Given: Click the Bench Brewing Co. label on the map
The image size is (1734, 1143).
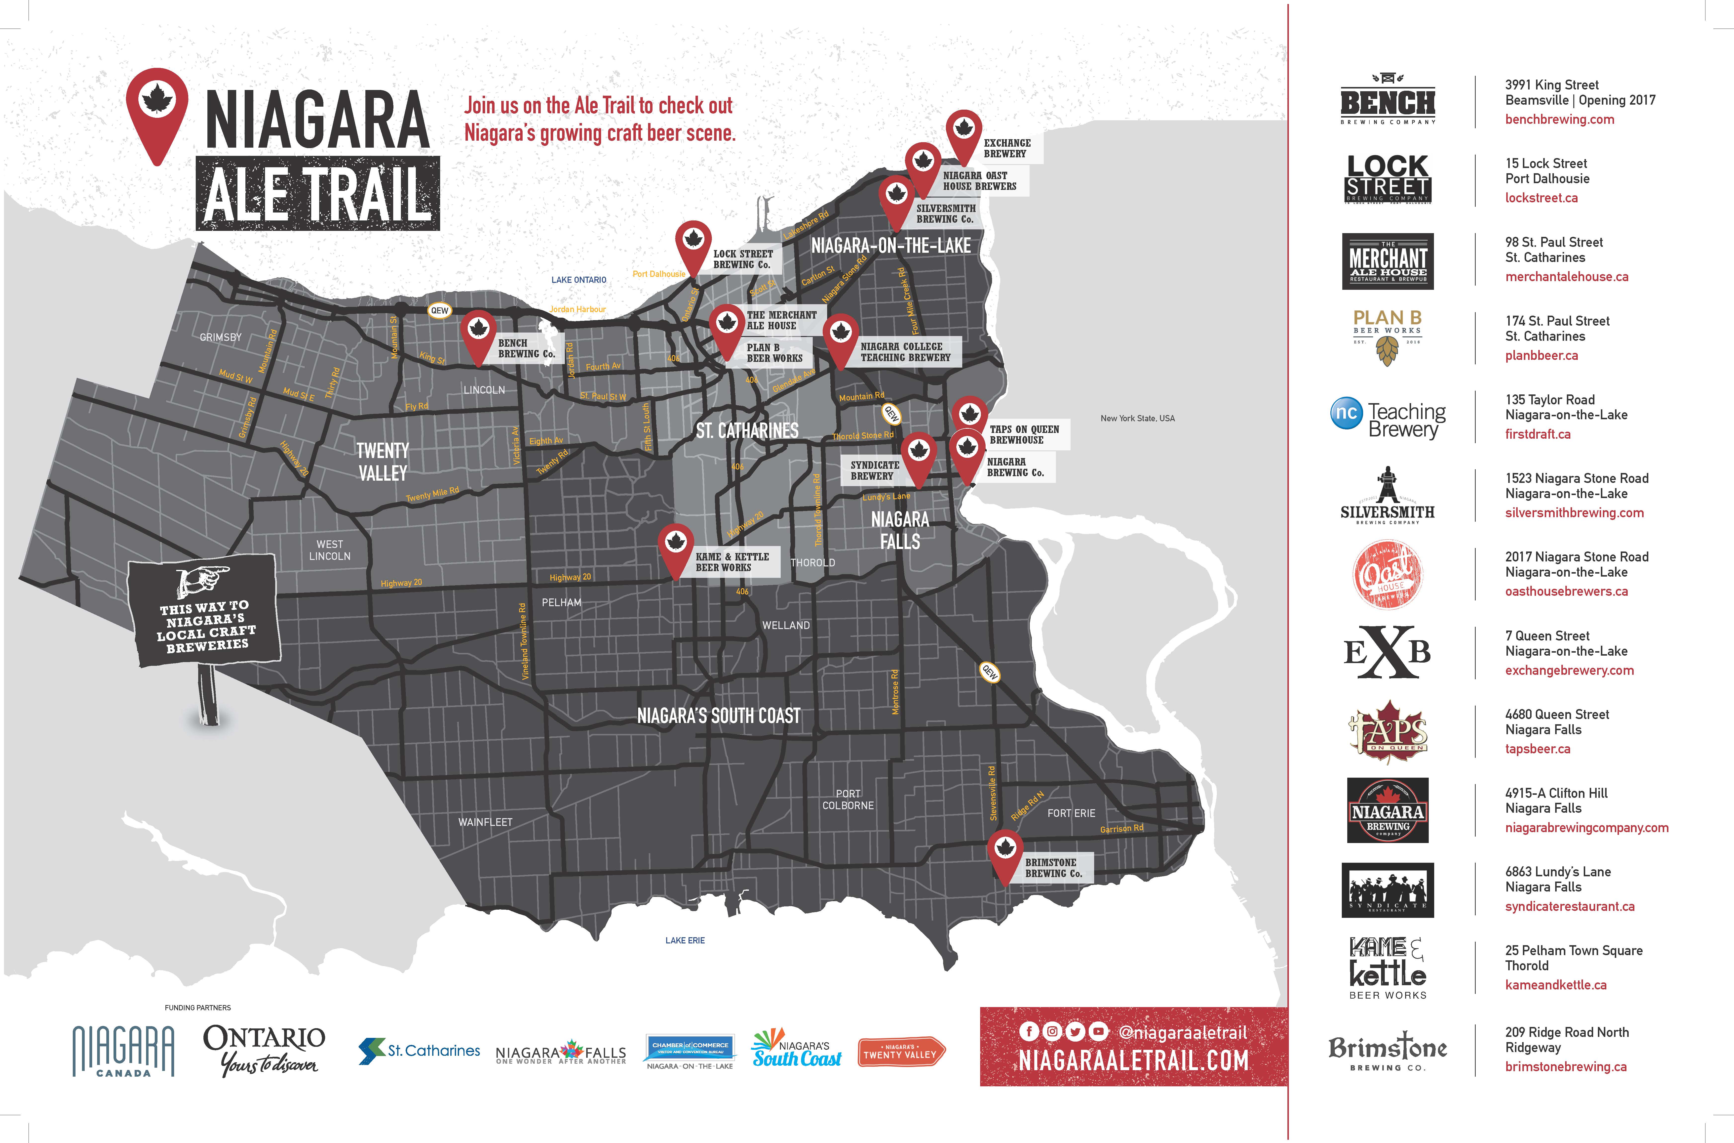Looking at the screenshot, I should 526,348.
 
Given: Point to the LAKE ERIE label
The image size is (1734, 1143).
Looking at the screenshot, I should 685,940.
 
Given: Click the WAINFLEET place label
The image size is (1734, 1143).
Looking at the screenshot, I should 485,822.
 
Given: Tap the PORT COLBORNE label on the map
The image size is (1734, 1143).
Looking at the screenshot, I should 848,800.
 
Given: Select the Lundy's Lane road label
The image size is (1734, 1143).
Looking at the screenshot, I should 886,496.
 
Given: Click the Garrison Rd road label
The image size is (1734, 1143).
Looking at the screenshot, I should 1121,829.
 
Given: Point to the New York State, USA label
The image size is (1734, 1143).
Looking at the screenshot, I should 1137,419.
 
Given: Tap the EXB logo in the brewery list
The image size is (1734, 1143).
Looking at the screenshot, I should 1387,652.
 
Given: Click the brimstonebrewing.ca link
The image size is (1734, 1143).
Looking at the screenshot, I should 1566,1066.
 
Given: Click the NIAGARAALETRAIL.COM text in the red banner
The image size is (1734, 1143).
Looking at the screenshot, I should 1133,1061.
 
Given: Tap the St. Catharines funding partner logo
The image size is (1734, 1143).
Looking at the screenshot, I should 419,1051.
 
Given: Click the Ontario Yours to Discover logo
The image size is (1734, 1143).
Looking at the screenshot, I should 264,1050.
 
